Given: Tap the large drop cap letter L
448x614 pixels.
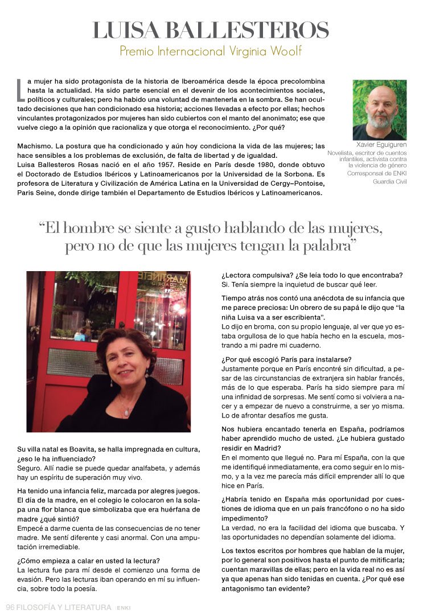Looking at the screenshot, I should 21,89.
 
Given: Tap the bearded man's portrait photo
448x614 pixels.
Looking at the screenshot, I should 379,109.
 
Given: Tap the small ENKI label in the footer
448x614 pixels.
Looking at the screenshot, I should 123,608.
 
